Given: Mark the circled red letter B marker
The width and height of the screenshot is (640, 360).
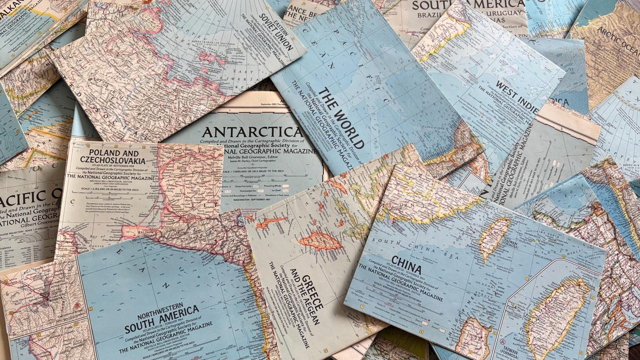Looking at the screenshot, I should [x=77, y=305].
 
